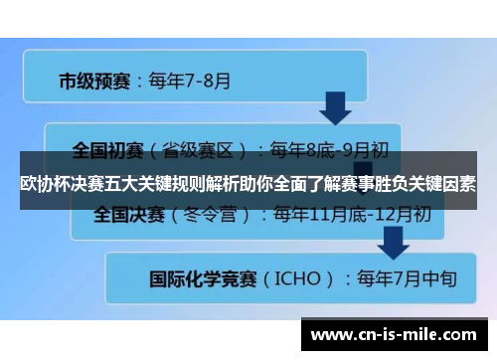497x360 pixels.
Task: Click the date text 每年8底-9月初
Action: click(330, 151)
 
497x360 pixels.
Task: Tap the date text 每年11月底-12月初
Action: click(352, 214)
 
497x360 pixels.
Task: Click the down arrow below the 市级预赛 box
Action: click(334, 107)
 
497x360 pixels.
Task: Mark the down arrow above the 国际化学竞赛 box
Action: click(395, 240)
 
